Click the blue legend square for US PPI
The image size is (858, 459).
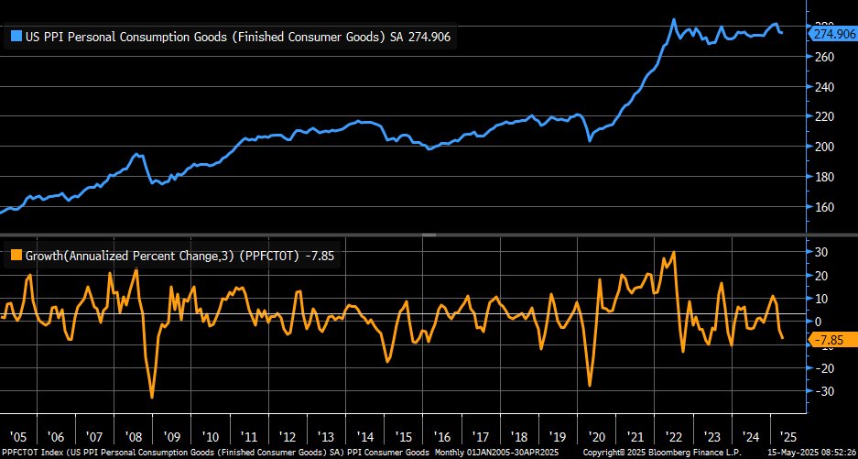[16, 38]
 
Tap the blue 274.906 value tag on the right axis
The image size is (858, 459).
[832, 33]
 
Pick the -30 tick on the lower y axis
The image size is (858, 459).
[825, 391]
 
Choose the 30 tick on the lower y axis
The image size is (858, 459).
[823, 252]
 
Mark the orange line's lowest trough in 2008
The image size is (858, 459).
[152, 397]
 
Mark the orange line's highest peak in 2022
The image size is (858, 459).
[674, 252]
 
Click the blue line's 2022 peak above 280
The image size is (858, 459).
[674, 19]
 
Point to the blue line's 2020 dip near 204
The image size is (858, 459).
[589, 141]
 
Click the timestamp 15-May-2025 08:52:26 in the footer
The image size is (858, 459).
[799, 453]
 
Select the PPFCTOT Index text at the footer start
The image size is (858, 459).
[31, 453]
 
